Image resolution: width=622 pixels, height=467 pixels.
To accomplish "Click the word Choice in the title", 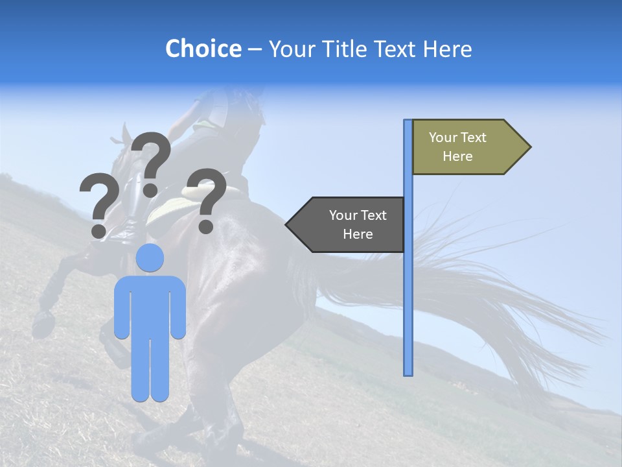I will click(203, 49).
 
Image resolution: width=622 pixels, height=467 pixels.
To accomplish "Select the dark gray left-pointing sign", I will click(350, 224).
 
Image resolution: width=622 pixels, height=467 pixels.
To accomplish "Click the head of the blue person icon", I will click(150, 258).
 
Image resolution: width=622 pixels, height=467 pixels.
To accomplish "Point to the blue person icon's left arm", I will click(122, 308).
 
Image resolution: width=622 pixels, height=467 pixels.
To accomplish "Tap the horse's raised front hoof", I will click(43, 319).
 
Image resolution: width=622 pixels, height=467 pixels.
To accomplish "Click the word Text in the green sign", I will click(474, 138).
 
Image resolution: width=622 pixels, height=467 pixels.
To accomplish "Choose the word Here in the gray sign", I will click(358, 234).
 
